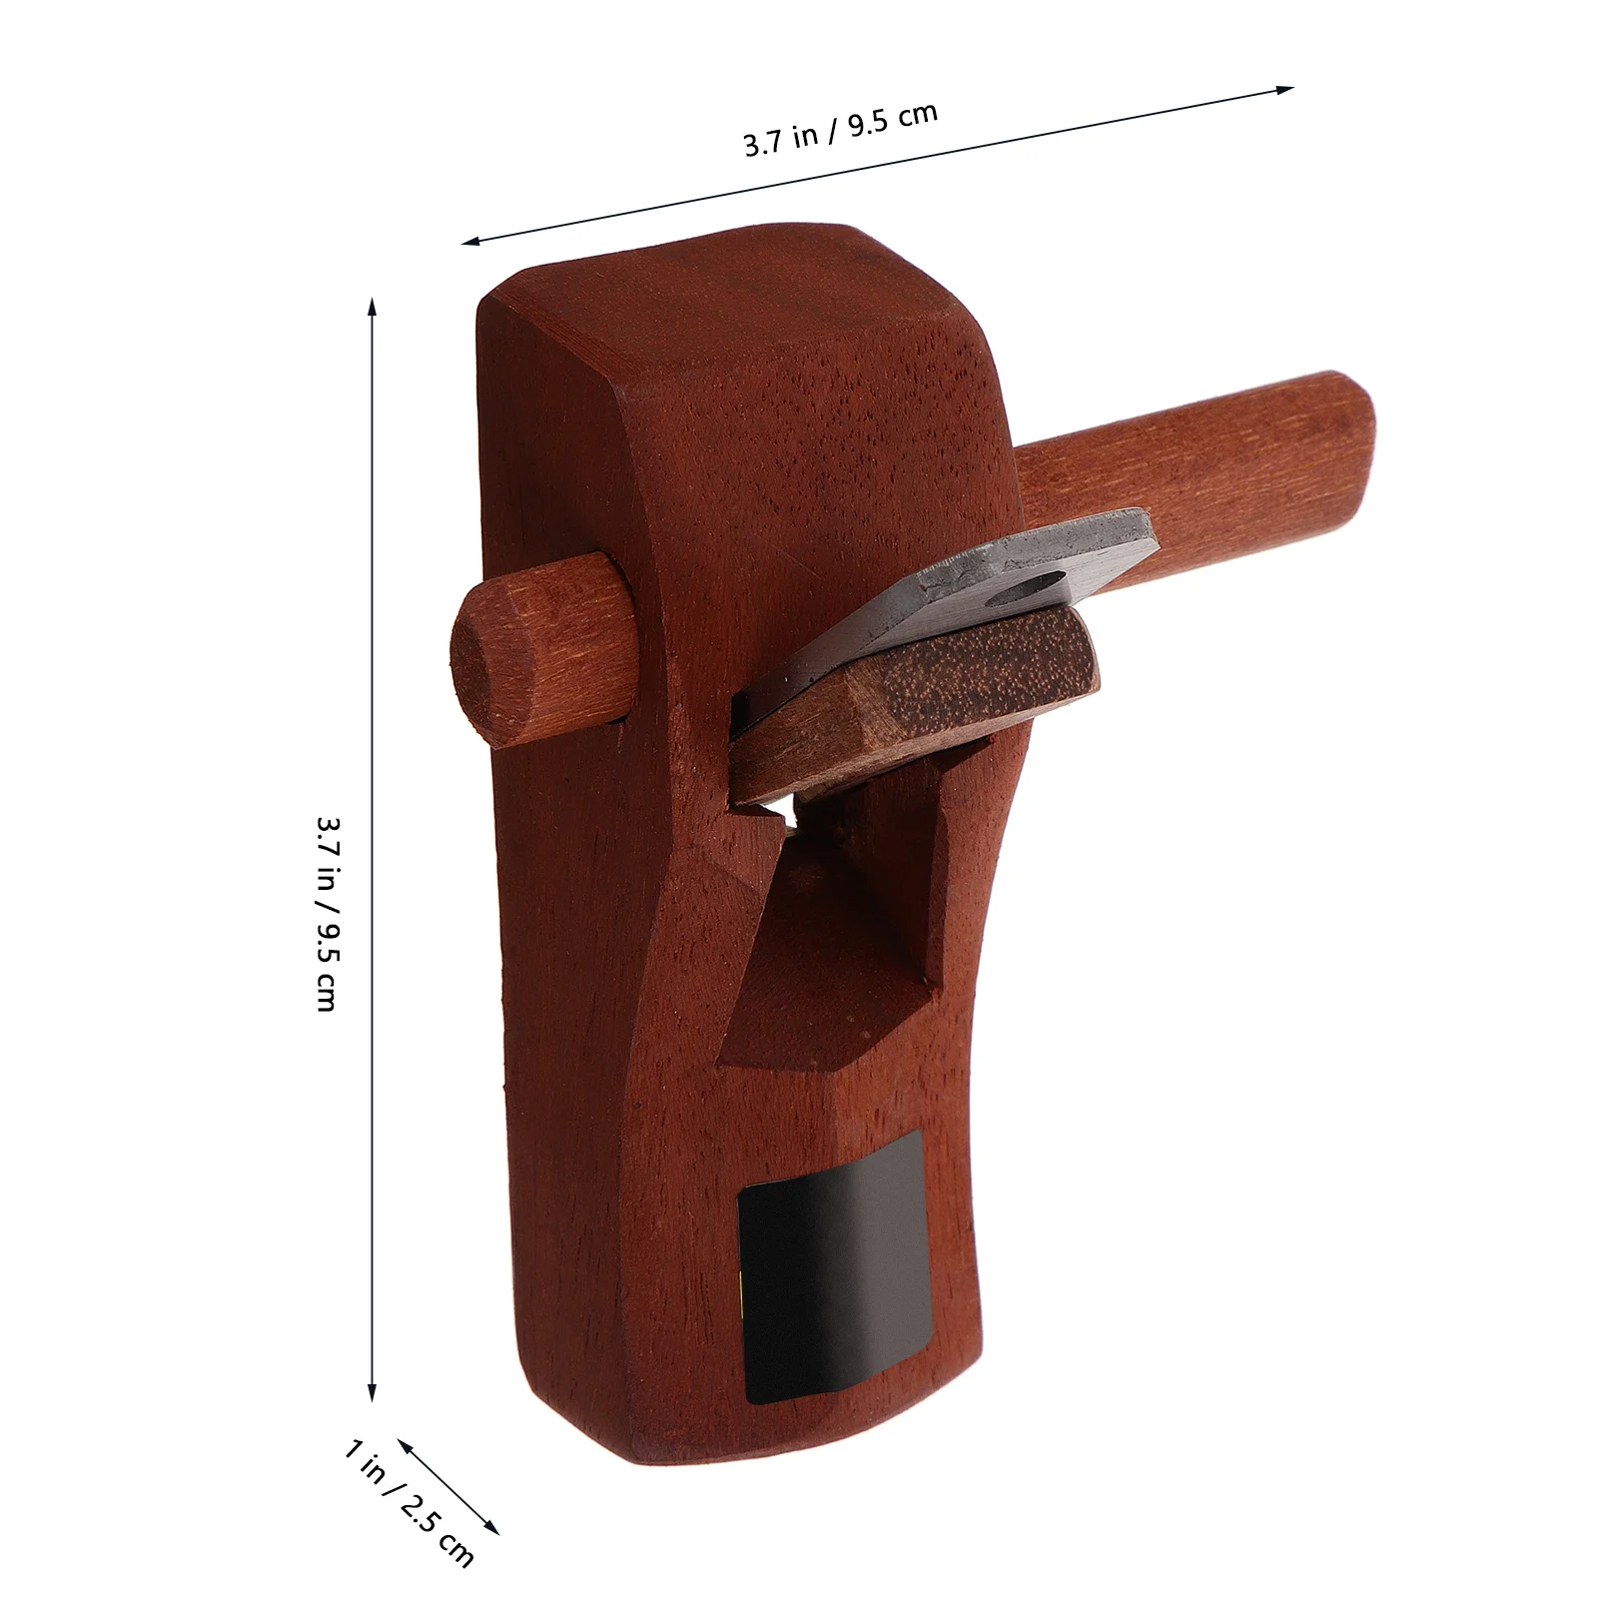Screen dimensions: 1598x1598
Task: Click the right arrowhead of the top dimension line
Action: tap(1284, 89)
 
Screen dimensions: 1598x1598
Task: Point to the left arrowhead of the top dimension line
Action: tap(470, 242)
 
